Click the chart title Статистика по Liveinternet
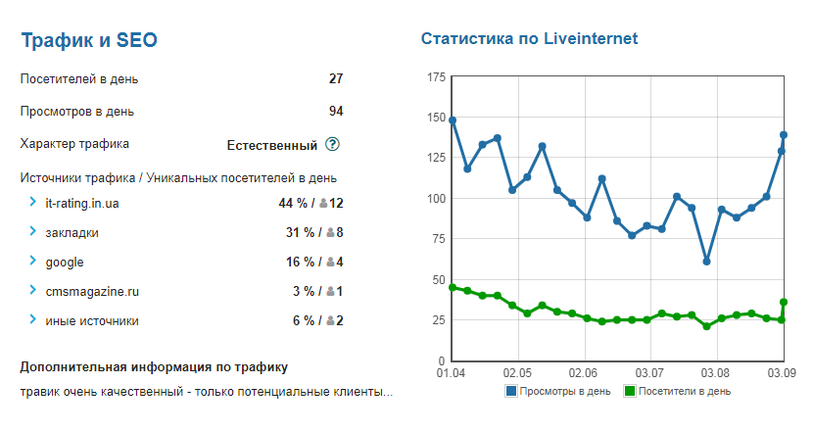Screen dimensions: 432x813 click(x=529, y=39)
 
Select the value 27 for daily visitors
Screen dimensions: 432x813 click(x=336, y=78)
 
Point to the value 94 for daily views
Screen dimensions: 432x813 click(x=336, y=111)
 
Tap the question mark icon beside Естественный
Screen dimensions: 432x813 click(x=332, y=145)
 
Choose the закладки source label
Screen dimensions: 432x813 click(x=72, y=232)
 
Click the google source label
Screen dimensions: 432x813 click(x=65, y=262)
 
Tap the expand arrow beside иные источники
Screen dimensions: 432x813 click(x=32, y=320)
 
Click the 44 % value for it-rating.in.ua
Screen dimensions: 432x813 click(x=294, y=203)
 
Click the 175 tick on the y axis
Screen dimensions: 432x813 click(x=433, y=77)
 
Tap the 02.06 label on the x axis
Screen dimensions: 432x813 click(x=583, y=373)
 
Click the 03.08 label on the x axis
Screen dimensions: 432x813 click(x=716, y=373)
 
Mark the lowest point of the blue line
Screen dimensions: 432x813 click(x=706, y=262)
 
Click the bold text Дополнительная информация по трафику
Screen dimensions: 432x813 click(x=154, y=367)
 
